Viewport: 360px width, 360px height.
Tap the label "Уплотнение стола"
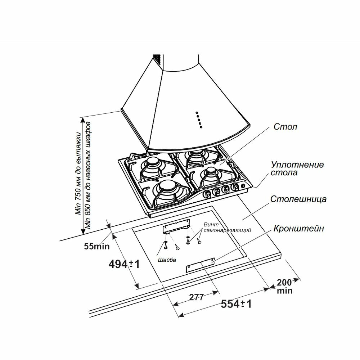[x=297, y=168]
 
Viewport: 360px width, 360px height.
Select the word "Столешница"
[x=298, y=199]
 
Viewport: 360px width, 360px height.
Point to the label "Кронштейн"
[x=299, y=229]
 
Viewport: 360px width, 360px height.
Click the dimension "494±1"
[x=124, y=265]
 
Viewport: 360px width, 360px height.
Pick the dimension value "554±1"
[x=236, y=304]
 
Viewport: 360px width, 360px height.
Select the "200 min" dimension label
[x=285, y=286]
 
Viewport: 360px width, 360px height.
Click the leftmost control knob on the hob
[x=208, y=193]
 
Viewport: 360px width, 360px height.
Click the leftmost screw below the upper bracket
[x=165, y=246]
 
